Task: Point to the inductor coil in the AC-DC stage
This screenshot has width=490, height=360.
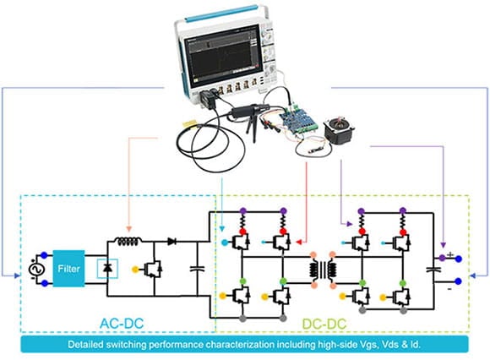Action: pos(126,241)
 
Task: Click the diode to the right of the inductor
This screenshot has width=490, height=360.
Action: pos(171,241)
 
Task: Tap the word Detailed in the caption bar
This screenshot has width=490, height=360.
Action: pos(90,346)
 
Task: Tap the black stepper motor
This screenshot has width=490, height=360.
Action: pos(341,131)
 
